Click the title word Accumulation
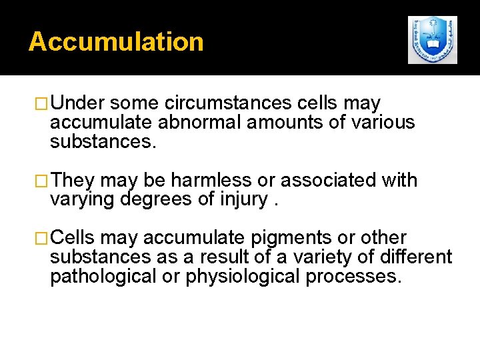116,41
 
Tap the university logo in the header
433,40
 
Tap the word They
73,180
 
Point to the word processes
353,276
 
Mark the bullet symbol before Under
42,104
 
